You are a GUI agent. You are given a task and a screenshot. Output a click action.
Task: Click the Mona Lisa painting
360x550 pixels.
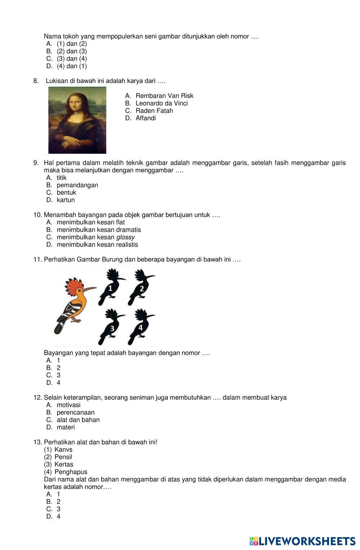pos(77,120)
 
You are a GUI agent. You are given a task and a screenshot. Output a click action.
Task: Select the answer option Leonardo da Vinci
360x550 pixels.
pos(161,103)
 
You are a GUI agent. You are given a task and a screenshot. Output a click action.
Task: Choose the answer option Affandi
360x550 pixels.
pos(145,118)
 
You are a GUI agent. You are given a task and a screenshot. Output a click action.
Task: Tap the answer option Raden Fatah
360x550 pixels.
pos(154,111)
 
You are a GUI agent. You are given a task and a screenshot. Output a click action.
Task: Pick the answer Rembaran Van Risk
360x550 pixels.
pos(164,96)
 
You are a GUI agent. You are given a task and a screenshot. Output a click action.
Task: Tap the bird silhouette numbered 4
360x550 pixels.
pos(140,326)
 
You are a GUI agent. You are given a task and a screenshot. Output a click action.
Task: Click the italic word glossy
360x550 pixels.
pos(125,237)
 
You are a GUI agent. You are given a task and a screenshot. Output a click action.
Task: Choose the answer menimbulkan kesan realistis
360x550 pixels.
pos(97,245)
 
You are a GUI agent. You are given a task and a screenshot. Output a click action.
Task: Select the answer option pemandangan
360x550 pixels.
pos(77,185)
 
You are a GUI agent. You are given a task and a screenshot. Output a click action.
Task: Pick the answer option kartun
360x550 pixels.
pos(66,200)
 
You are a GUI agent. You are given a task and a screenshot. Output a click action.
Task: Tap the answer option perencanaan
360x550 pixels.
pos(75,412)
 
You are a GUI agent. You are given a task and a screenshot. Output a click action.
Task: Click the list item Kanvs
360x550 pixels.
pos(63,450)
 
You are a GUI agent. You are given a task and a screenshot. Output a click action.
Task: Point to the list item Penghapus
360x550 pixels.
pos(71,472)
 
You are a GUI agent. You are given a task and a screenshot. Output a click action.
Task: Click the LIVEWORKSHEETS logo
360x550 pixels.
pos(302,541)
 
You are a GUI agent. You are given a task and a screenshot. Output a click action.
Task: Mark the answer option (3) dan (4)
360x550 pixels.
pos(72,59)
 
